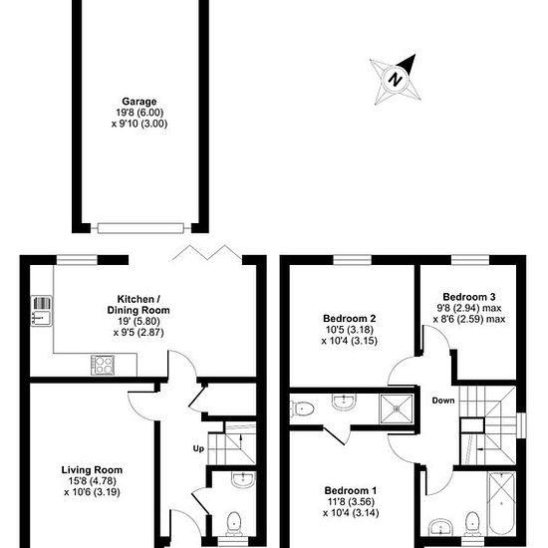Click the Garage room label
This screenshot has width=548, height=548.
(139, 102)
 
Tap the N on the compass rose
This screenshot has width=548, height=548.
(396, 80)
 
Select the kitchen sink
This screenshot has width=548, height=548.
(42, 311)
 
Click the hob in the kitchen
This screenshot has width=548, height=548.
(103, 365)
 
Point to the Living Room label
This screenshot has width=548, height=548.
(92, 469)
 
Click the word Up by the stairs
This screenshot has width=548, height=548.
(198, 448)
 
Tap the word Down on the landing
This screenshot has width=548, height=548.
(443, 401)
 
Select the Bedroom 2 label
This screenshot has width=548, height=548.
(349, 319)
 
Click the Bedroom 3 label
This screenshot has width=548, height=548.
(469, 297)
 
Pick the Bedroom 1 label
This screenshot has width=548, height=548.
(351, 490)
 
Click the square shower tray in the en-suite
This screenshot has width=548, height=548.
(397, 409)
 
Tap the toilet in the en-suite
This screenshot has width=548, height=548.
(302, 409)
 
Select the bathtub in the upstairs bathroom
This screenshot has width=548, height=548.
(501, 503)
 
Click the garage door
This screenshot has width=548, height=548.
(140, 228)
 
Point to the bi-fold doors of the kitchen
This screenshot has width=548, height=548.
(207, 252)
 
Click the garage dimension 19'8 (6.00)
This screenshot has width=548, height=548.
(139, 113)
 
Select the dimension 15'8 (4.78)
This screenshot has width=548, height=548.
(93, 481)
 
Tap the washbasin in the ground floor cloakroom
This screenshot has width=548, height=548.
(243, 479)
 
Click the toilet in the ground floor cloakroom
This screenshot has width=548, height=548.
(233, 523)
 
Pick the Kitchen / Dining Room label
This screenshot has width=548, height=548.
(138, 305)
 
